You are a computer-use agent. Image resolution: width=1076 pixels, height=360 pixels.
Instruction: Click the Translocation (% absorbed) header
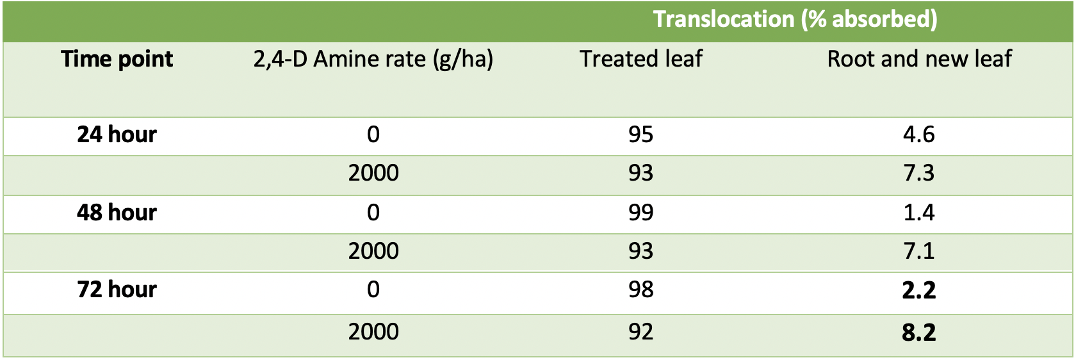coord(795,19)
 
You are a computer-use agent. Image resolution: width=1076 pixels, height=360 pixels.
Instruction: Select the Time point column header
coord(117,60)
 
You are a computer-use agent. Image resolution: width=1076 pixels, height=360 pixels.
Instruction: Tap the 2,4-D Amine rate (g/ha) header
coord(373,60)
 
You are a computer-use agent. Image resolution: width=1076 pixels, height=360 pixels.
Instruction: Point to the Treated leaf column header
coord(640,59)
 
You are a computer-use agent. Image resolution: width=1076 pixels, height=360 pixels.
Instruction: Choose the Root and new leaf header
coord(919,59)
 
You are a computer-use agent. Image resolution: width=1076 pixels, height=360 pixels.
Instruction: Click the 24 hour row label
coord(117,134)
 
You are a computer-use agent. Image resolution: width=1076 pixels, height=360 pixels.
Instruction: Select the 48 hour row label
coord(117,213)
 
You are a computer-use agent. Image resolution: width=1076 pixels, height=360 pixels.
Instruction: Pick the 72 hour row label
coord(117,290)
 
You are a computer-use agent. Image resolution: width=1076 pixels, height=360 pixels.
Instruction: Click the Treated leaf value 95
coord(640,134)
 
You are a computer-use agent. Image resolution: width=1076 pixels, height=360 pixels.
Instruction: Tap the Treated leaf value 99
coord(640,213)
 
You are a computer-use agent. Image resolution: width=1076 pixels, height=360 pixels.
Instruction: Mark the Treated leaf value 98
coord(640,290)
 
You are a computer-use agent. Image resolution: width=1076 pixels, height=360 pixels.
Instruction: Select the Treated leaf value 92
coord(640,332)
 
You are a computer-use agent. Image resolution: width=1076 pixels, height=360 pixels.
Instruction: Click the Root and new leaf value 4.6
coord(919,134)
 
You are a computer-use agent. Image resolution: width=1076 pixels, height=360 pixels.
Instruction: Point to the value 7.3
coord(919,173)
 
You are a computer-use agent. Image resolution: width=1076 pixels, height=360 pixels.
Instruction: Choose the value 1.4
coord(919,213)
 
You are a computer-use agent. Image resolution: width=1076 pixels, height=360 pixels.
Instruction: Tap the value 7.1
coord(919,251)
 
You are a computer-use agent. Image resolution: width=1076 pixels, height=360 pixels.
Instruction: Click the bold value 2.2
coord(919,290)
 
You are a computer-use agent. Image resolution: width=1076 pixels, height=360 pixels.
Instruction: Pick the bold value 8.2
coord(919,332)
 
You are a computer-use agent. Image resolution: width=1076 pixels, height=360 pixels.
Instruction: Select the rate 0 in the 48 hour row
coord(373,213)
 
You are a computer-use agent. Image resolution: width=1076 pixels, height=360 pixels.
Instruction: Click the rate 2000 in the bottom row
coord(373,332)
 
